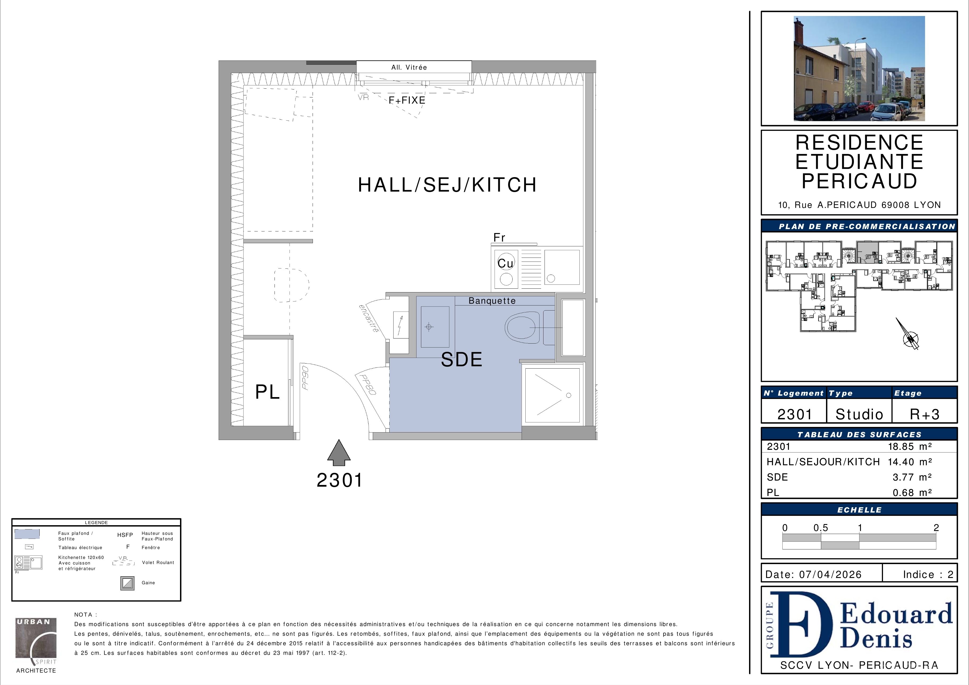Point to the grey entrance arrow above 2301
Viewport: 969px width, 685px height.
[x=339, y=452]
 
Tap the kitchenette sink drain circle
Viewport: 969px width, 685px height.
[x=551, y=279]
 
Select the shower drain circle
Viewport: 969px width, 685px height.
[x=569, y=395]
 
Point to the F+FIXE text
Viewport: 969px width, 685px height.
[x=407, y=100]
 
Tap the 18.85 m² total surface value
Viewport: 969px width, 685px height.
[x=910, y=447]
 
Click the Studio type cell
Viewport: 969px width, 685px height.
[x=859, y=414]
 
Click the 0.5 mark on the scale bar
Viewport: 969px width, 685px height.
[x=821, y=528]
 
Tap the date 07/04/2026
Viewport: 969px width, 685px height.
[x=831, y=574]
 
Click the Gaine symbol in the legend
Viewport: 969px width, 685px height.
[x=128, y=583]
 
